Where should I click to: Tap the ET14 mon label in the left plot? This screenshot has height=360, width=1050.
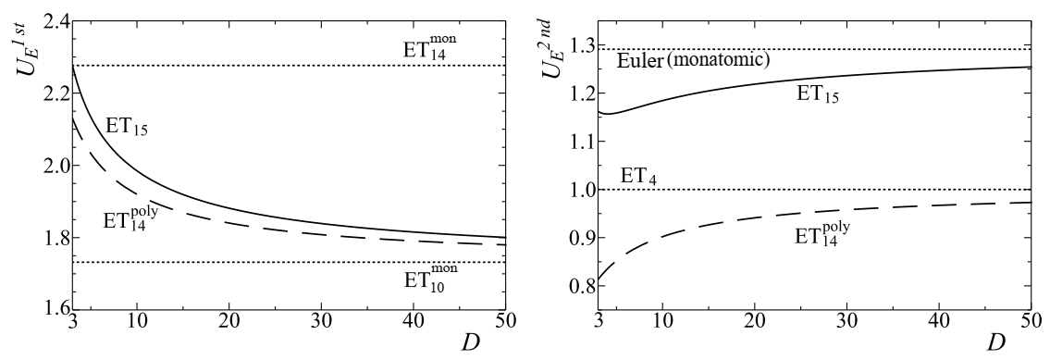click(x=432, y=44)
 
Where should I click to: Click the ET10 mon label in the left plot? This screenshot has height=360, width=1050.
click(x=431, y=279)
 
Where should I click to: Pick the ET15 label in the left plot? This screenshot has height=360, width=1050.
click(x=128, y=130)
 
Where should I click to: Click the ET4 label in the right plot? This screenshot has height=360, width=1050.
click(x=637, y=174)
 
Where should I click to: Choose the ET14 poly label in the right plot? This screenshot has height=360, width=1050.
click(x=821, y=235)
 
